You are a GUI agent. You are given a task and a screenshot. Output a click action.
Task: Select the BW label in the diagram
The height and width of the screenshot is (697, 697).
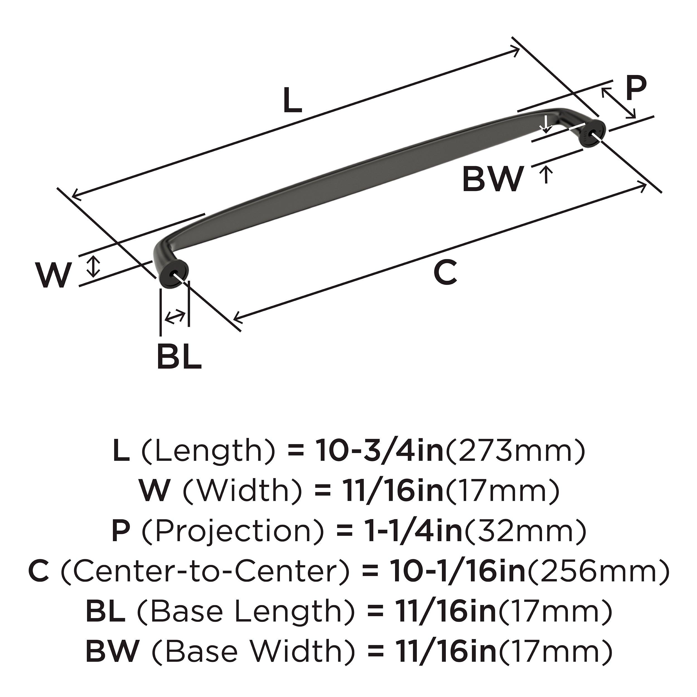(492, 179)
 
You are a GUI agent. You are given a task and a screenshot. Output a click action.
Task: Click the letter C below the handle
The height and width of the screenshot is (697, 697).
(445, 272)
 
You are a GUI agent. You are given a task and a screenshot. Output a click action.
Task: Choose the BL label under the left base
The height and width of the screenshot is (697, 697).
(179, 357)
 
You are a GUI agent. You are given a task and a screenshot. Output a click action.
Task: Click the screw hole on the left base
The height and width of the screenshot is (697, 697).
(176, 273)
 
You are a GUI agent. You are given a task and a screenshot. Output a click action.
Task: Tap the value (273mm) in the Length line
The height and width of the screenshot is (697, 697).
(515, 451)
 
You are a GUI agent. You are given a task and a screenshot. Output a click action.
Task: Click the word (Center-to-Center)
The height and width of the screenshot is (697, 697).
(205, 572)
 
